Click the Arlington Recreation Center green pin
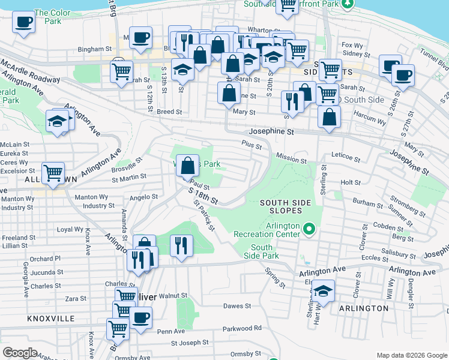pos(309,229)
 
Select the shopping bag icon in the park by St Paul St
pos(188,165)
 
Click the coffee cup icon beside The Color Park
pos(24,23)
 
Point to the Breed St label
pos(169,112)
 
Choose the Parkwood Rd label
pos(242,328)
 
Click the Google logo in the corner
pos(20,353)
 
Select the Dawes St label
pos(237,306)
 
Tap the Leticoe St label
pos(345,160)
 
